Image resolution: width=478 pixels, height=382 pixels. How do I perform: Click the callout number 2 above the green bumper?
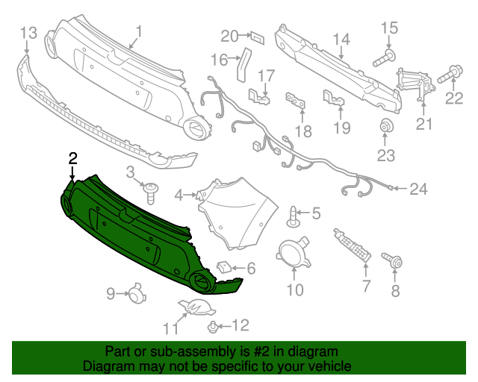tap(72, 157)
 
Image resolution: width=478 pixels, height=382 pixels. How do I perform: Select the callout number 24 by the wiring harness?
tap(418, 189)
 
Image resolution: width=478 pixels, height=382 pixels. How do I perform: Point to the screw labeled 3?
tap(152, 191)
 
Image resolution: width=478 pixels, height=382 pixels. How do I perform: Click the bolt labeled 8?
tap(394, 262)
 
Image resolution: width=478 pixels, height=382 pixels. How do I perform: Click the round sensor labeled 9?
tap(135, 294)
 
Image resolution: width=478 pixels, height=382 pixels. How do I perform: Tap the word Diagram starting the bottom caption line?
tap(106, 366)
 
